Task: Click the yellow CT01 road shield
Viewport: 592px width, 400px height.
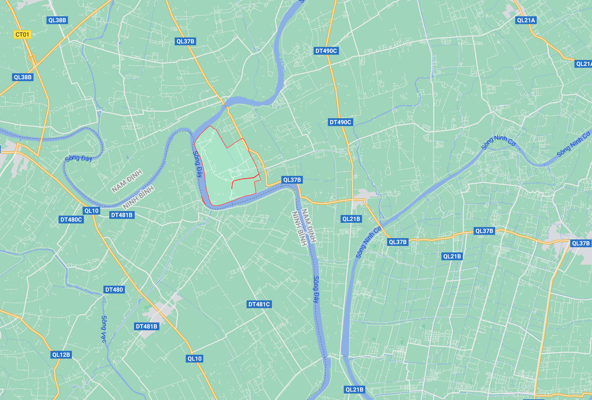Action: point(22,35)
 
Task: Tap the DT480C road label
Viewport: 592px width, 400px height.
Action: point(71,220)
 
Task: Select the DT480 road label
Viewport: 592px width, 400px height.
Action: point(114,290)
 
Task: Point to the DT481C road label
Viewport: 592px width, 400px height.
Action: point(259,304)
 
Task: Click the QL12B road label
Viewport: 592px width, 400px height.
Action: point(61,355)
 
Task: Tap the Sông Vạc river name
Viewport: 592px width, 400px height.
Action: point(104,329)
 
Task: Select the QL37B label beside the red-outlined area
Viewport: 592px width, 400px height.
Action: point(292,180)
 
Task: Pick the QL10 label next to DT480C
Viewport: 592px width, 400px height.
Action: point(91,211)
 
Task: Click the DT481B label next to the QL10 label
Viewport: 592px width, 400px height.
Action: point(122,215)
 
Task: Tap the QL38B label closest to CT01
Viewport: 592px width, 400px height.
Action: point(57,20)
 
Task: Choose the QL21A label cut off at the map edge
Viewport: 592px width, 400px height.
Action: point(584,64)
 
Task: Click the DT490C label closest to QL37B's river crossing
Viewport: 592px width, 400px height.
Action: point(340,122)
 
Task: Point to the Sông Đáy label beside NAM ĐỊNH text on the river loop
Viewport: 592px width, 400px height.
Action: point(79,159)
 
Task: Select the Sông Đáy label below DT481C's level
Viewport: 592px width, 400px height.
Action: point(316,289)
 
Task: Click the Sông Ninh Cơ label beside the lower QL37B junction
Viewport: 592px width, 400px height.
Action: point(368,243)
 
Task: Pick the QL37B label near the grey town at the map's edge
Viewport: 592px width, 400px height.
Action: point(581,243)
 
